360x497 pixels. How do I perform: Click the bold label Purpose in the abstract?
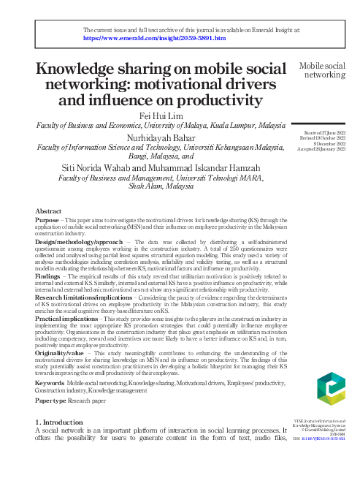[x=48, y=221]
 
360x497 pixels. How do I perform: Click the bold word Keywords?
[x=50, y=383]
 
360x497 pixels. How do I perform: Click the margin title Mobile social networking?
[x=323, y=71]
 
